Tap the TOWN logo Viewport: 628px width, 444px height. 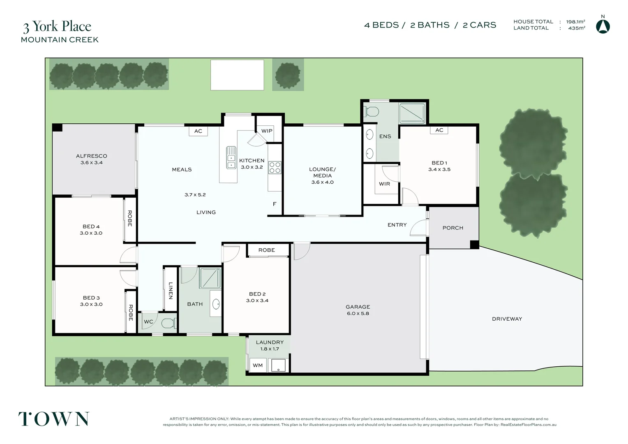point(54,419)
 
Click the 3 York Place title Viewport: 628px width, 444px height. point(57,27)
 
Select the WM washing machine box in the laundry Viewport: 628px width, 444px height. point(258,365)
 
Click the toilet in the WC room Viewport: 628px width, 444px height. point(168,323)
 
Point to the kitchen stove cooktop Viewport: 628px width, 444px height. point(275,167)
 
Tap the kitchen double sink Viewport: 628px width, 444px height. point(231,157)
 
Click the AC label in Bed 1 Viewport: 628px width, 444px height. point(439,130)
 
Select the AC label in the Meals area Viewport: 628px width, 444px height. point(198,131)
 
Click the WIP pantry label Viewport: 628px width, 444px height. point(267,131)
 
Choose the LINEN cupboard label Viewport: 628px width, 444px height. point(170,290)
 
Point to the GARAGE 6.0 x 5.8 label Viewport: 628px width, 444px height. point(358,310)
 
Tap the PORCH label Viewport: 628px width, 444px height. point(453,228)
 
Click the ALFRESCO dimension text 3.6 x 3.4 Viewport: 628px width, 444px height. point(92,163)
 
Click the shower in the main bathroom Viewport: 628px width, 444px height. point(210,277)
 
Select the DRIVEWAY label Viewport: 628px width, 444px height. point(507,319)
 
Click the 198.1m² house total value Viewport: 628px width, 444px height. point(575,22)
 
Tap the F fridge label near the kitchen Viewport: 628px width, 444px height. point(275,204)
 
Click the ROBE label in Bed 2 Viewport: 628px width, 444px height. point(266,250)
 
